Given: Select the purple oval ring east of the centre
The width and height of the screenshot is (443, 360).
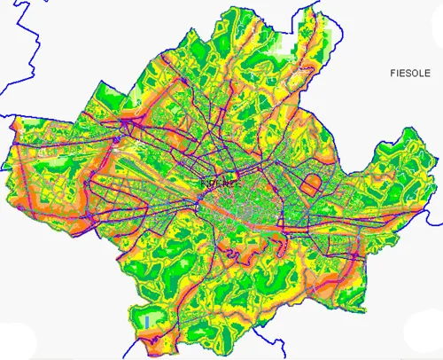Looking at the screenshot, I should point(312,185).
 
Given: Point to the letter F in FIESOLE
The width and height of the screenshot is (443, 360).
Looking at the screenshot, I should point(392,74).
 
